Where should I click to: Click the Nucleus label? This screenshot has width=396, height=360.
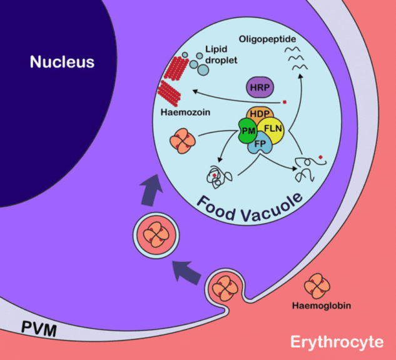tap(62, 62)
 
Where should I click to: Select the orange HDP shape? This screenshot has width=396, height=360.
tap(258, 114)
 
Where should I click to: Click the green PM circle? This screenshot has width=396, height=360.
tap(248, 131)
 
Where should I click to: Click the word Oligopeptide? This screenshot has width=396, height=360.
tap(267, 39)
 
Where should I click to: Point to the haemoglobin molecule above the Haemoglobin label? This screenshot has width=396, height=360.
tap(317, 285)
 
